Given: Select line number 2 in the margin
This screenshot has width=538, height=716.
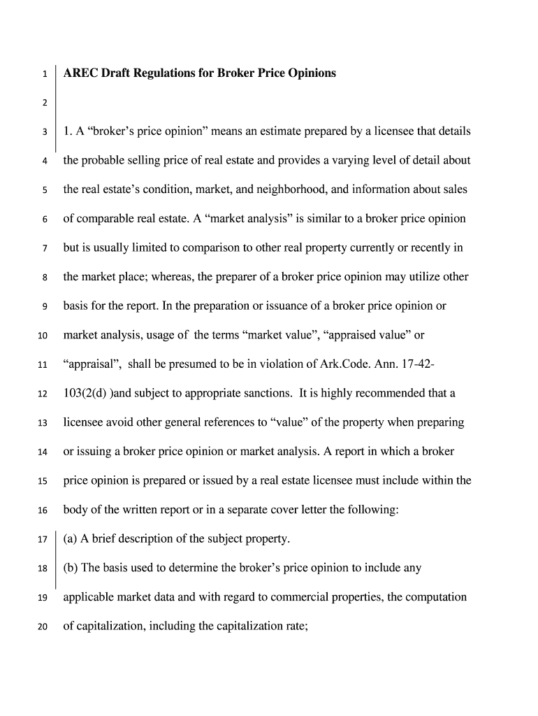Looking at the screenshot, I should click(45, 103).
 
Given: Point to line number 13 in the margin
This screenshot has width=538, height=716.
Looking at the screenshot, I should click(43, 424).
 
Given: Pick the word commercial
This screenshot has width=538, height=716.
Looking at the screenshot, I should click(319, 597).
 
